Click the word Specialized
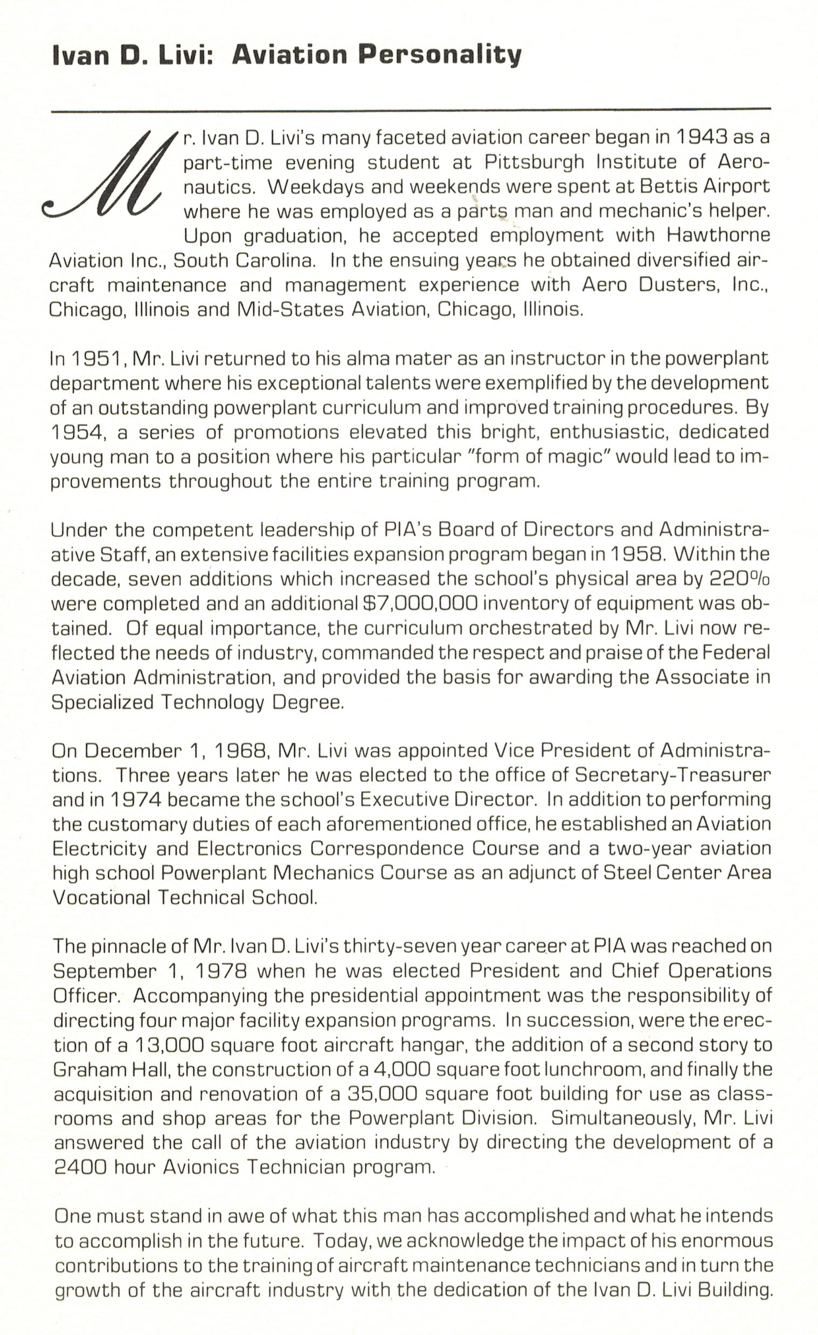click(x=102, y=702)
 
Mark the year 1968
click(x=241, y=751)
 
